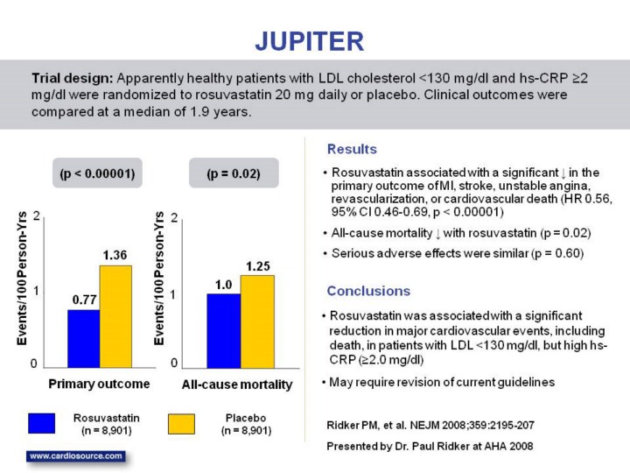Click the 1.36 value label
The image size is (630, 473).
click(x=115, y=254)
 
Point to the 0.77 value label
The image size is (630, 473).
click(x=83, y=299)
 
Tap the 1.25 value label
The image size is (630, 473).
click(x=257, y=265)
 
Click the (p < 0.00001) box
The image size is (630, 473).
click(x=96, y=173)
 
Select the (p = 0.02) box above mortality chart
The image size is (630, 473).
click(x=234, y=173)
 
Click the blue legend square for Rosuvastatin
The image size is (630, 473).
click(x=41, y=424)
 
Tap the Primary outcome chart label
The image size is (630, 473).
click(x=99, y=384)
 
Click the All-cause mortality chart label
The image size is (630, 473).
click(x=237, y=385)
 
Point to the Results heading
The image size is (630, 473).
click(x=352, y=150)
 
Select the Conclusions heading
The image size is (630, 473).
click(x=367, y=290)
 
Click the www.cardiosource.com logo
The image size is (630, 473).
click(x=76, y=456)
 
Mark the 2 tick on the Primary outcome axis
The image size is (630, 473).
click(x=36, y=215)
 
